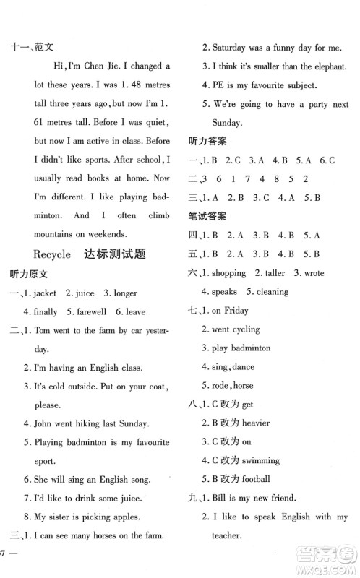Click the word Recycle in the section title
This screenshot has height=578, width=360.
pyautogui.click(x=52, y=254)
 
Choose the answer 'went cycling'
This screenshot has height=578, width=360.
pyautogui.click(x=235, y=329)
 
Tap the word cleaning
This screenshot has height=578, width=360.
pyautogui.click(x=271, y=292)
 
